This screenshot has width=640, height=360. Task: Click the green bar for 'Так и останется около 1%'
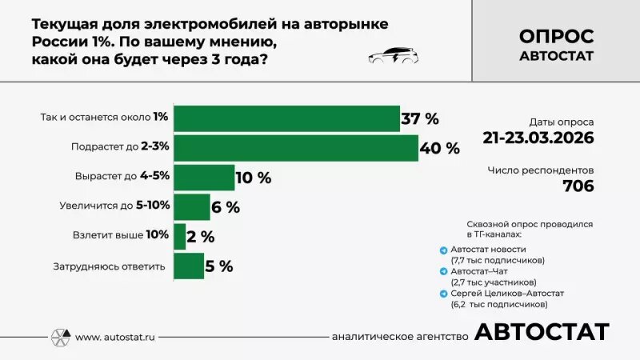[x=286, y=118]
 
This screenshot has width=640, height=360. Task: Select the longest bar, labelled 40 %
[x=296, y=148]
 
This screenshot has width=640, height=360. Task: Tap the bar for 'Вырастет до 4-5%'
[x=204, y=178]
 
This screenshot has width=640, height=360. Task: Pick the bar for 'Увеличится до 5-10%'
[x=192, y=206]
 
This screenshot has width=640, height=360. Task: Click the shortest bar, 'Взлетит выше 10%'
[x=179, y=236]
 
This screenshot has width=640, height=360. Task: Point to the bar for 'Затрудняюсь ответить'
[x=189, y=266]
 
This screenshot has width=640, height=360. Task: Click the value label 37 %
[x=420, y=119]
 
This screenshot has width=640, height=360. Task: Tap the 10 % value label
[x=254, y=178]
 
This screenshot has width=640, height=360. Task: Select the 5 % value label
[x=219, y=266]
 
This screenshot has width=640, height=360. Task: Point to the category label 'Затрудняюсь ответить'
[x=109, y=266]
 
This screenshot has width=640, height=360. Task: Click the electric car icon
[x=392, y=56]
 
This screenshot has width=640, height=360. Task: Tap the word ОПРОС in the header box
[x=556, y=37]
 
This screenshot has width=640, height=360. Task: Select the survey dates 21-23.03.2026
[x=538, y=137]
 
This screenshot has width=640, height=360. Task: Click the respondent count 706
[x=578, y=186]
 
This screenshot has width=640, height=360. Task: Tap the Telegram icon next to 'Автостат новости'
[x=444, y=250]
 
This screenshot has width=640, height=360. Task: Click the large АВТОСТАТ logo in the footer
[x=542, y=332]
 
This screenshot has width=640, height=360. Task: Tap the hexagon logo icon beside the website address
[x=61, y=337]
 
